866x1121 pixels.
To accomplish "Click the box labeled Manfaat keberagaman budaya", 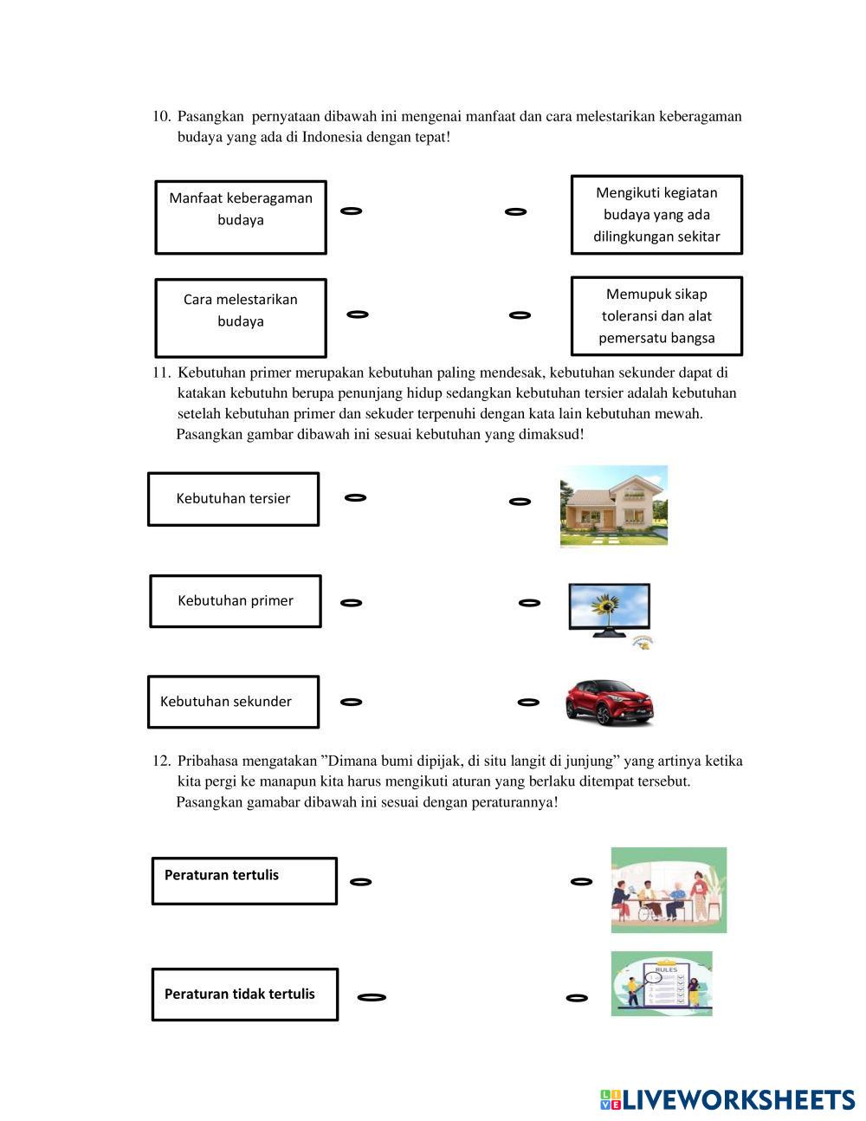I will pyautogui.click(x=241, y=217).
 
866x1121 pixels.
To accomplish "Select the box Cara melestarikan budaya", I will pyautogui.click(x=241, y=317).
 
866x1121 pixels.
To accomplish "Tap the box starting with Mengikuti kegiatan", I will pyautogui.click(x=656, y=214).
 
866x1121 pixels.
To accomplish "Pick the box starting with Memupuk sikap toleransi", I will pyautogui.click(x=656, y=315).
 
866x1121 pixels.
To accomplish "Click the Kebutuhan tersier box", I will pyautogui.click(x=234, y=498).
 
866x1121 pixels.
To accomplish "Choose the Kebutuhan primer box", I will pyautogui.click(x=236, y=600).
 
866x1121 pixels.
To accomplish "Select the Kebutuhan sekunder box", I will pyautogui.click(x=234, y=701).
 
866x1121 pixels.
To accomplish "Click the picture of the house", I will pyautogui.click(x=614, y=506).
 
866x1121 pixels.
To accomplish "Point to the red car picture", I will pyautogui.click(x=611, y=700).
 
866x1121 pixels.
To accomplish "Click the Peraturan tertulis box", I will pyautogui.click(x=244, y=881).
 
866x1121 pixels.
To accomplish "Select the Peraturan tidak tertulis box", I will pyautogui.click(x=245, y=994).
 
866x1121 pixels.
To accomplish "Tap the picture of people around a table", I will pyautogui.click(x=669, y=890).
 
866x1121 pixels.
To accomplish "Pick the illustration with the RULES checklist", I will pyautogui.click(x=662, y=983).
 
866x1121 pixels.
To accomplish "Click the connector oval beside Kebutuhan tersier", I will pyautogui.click(x=355, y=497).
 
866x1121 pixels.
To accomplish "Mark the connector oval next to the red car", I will pyautogui.click(x=528, y=702).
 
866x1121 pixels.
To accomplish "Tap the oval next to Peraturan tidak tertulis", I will pyautogui.click(x=372, y=997).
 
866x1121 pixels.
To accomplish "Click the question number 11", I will pyautogui.click(x=161, y=373).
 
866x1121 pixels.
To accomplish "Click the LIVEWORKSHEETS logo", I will pyautogui.click(x=727, y=1099).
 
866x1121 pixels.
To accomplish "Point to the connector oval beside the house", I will pyautogui.click(x=520, y=501).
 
